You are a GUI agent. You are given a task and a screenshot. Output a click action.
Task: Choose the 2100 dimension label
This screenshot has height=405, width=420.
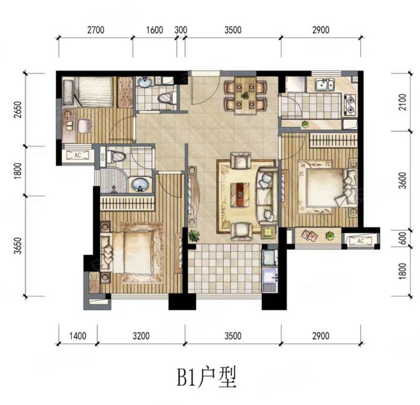point(401,102)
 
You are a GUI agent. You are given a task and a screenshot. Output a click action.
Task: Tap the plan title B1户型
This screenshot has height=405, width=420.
point(206,378)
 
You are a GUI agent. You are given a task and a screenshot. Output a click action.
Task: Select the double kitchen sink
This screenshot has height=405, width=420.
point(324,84)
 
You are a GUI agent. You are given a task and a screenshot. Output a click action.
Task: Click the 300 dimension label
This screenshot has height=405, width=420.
point(181,29)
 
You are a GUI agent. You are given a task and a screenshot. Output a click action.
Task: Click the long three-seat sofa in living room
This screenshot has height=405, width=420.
point(266,196)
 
